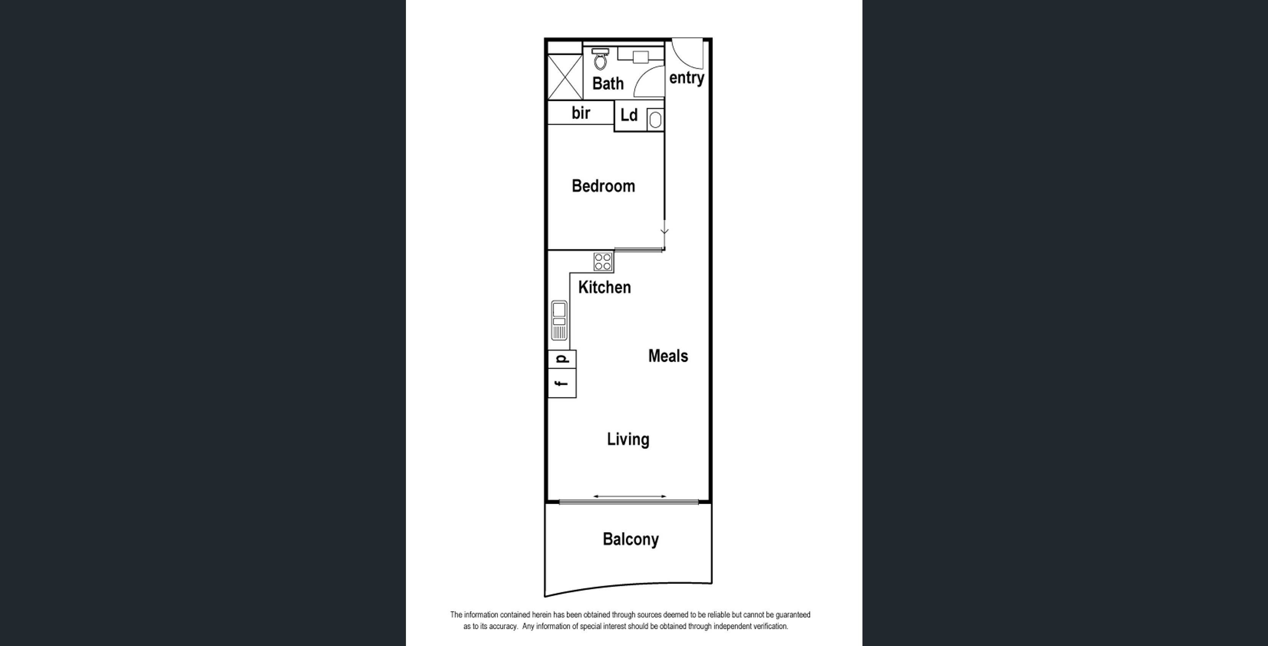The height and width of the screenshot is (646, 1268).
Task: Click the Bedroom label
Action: [603, 186]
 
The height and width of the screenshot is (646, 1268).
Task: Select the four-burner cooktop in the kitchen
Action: [603, 261]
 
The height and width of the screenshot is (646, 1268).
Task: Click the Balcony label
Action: [630, 539]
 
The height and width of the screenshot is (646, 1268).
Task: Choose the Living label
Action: [628, 439]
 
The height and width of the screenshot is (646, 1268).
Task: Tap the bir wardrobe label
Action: [581, 113]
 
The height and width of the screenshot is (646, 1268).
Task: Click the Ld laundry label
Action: [628, 115]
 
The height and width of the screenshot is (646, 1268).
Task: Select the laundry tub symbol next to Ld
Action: [655, 119]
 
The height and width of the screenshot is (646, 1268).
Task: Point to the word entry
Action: [686, 78]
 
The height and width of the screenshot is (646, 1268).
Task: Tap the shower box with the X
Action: [565, 77]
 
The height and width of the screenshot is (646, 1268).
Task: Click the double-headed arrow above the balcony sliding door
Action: [630, 496]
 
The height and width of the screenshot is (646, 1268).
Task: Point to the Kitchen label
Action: [604, 288]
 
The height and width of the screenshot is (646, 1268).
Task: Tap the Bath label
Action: [608, 84]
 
